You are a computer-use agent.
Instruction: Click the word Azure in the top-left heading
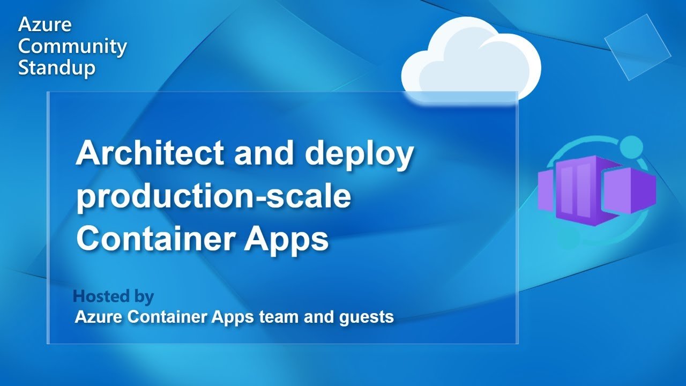[x=44, y=25]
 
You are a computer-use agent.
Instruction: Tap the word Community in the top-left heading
[x=72, y=47]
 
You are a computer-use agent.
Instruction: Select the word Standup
[x=57, y=68]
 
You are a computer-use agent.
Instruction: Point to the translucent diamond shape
[x=638, y=47]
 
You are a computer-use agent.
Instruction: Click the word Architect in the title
[x=150, y=152]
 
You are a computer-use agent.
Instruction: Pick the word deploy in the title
[x=359, y=154]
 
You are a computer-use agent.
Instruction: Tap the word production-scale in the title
[x=213, y=197]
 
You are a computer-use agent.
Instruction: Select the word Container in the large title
[x=156, y=239]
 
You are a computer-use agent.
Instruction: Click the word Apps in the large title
[x=286, y=240]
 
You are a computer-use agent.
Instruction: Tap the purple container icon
[x=596, y=190]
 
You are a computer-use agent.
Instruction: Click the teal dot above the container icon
[x=631, y=147]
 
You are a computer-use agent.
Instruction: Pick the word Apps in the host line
[x=233, y=317]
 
